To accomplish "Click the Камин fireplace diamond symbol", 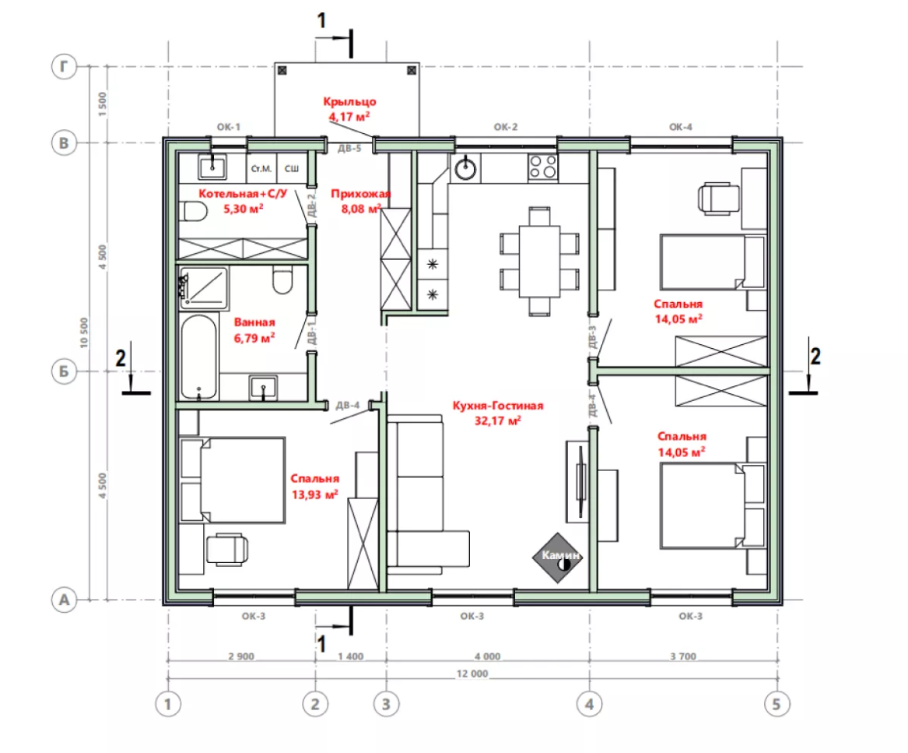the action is [558, 558].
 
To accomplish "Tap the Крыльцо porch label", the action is [350, 101].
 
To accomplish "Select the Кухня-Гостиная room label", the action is [498, 406].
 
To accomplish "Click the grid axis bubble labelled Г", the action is [64, 67].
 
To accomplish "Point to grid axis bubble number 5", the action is [777, 704].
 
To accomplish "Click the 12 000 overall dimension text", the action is [472, 674].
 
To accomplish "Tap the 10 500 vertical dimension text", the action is [85, 333].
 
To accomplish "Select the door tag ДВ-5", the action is [349, 149].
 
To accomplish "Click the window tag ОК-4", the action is [681, 127].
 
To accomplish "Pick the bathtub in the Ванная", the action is [198, 357].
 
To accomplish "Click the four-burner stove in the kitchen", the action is [543, 167].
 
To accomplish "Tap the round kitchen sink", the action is [465, 169].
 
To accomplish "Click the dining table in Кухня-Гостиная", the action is [539, 261].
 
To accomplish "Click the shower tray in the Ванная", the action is [204, 287].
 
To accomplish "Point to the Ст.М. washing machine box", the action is [261, 169].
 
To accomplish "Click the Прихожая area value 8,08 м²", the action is [361, 209].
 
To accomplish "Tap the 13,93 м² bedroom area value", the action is [314, 494].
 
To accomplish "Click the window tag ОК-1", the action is [228, 127].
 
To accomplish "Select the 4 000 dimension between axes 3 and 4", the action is [488, 656].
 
